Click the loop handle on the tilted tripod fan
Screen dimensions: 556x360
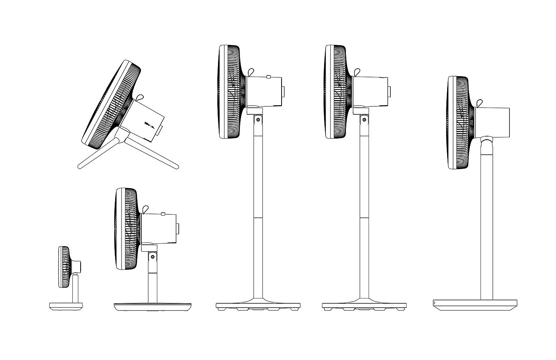pyautogui.click(x=139, y=97)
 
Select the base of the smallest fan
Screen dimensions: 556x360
pyautogui.click(x=66, y=306)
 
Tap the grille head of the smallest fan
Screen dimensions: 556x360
pyautogui.click(x=64, y=267)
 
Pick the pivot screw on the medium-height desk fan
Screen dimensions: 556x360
pyautogui.click(x=151, y=257)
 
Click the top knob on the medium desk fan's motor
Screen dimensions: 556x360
pyautogui.click(x=163, y=214)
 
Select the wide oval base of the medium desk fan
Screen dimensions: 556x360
pyautogui.click(x=153, y=307)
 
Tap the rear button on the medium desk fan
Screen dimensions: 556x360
pyautogui.click(x=178, y=229)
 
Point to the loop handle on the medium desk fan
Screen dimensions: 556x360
pyautogui.click(x=145, y=208)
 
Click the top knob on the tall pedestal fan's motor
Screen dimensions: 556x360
pyautogui.click(x=269, y=76)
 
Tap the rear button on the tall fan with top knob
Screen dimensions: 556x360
pyautogui.click(x=284, y=91)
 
